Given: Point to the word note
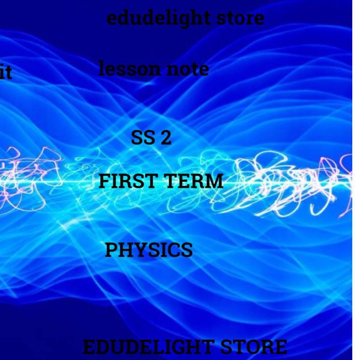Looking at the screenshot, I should (187, 70).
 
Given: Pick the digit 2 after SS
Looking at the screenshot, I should (166, 139).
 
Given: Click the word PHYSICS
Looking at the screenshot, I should (149, 250).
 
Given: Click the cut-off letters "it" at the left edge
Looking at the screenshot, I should (5, 74).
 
